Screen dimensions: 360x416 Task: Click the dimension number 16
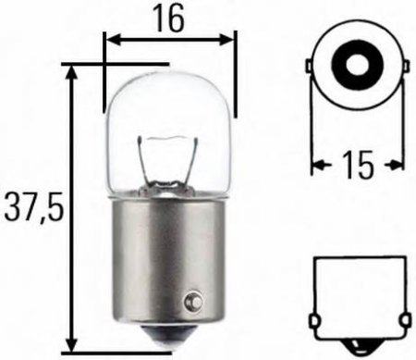(x=169, y=17)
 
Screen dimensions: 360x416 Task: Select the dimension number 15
(x=357, y=165)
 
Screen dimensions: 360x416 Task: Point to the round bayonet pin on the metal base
(x=191, y=301)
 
